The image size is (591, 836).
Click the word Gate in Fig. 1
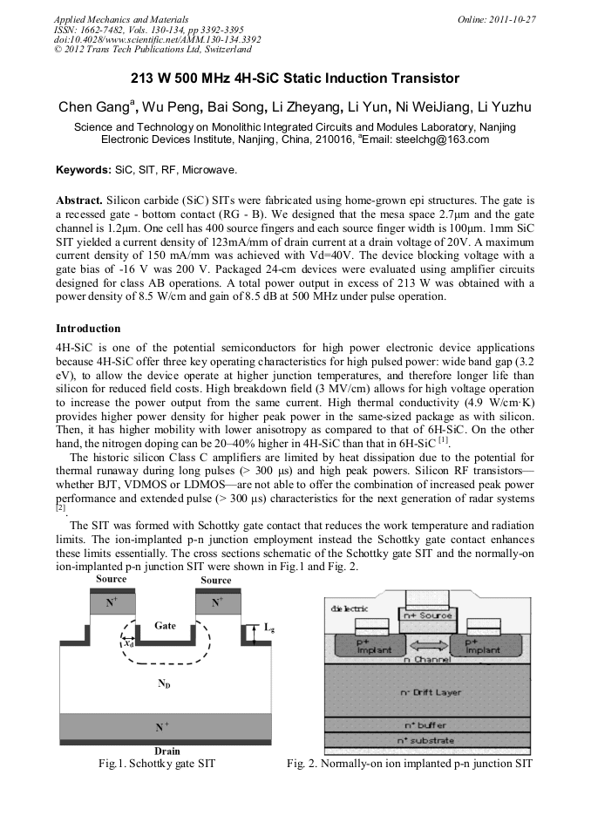tap(165, 625)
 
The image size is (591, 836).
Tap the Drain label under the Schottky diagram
tap(166, 751)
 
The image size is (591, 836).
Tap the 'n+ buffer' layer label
tap(425, 724)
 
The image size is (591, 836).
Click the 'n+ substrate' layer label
tap(425, 740)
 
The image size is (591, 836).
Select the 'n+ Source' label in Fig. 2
tap(425, 615)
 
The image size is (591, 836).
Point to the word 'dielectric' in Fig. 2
tap(346, 608)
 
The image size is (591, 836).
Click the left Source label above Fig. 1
tap(111, 579)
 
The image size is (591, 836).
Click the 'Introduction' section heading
tap(88, 329)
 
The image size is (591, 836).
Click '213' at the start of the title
tap(144, 78)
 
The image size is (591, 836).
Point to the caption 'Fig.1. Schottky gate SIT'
tap(157, 764)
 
